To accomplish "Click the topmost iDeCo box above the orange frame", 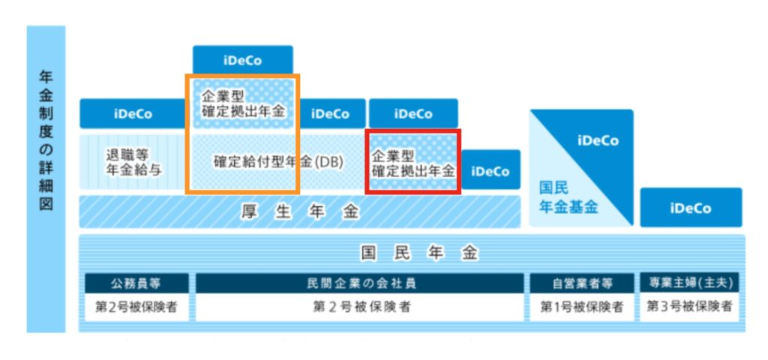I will [x=242, y=61].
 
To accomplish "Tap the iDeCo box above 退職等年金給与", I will [x=133, y=114].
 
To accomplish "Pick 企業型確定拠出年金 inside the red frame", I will [x=413, y=163].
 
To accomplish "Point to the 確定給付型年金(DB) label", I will [x=277, y=162].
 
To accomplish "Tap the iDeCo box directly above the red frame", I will [x=413, y=114].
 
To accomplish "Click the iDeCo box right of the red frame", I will [x=490, y=171].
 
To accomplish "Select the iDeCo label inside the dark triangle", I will [x=597, y=140].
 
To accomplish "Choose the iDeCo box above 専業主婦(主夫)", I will [x=691, y=208].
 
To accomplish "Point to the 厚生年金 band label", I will [x=300, y=211].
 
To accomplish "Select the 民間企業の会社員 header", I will [x=360, y=283].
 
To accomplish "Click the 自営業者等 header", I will [x=582, y=283].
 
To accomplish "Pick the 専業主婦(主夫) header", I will [x=691, y=283].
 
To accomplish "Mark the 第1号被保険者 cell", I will [x=582, y=306].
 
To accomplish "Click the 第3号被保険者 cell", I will [x=691, y=306].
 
